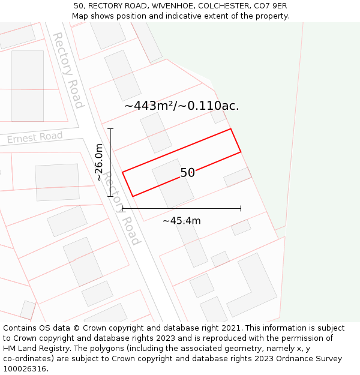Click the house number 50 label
[x=187, y=173]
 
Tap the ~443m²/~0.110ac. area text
[x=181, y=106]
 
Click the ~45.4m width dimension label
[x=181, y=221]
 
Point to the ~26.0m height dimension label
[x=100, y=162]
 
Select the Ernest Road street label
[x=35, y=138]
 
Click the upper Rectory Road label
[x=67, y=70]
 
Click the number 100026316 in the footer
[x=26, y=369]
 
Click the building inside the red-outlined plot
[x=173, y=184]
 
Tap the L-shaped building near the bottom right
[x=253, y=285]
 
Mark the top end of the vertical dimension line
[x=110, y=128]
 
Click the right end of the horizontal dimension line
[x=241, y=208]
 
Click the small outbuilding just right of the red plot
[x=238, y=177]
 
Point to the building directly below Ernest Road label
[x=57, y=182]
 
